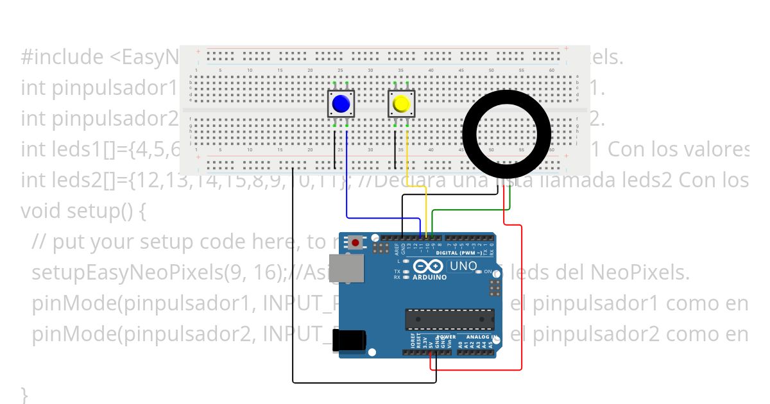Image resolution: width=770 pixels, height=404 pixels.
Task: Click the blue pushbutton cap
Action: click(341, 103)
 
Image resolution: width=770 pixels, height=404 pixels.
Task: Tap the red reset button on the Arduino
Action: click(355, 243)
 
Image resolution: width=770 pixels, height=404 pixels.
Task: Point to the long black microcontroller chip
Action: click(449, 318)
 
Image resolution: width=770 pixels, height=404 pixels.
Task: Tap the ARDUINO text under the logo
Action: click(430, 278)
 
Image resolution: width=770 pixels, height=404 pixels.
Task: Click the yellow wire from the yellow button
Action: click(426, 205)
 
